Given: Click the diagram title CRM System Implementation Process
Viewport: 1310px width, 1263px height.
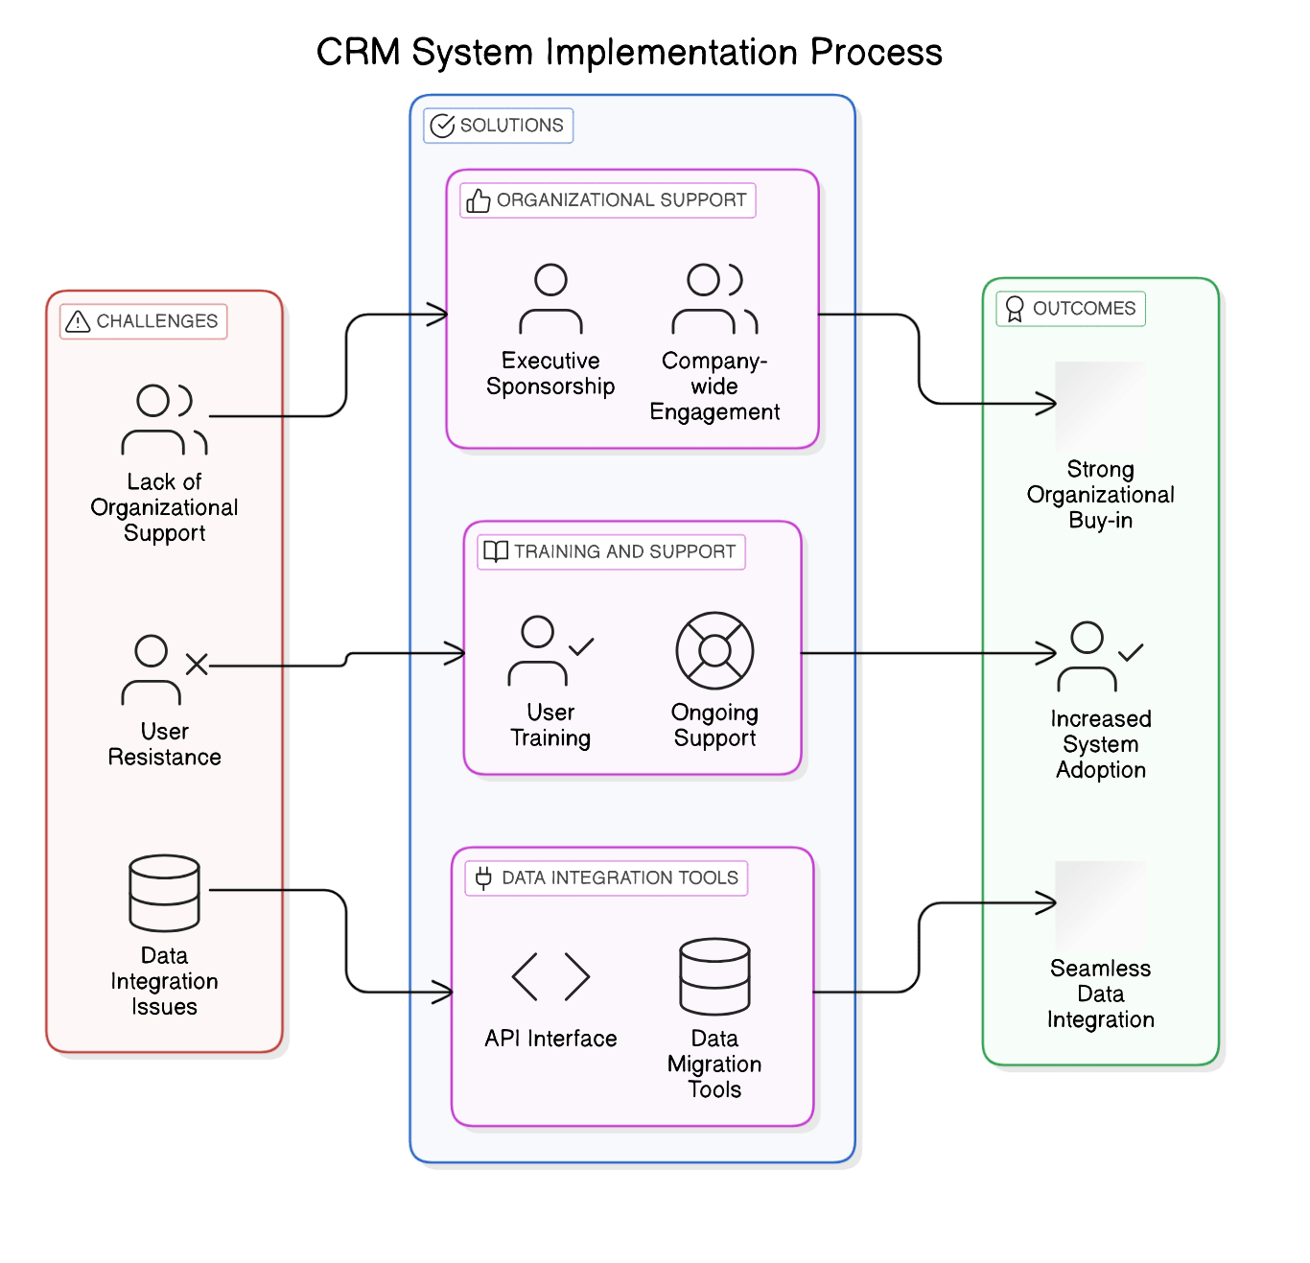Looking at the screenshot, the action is [629, 52].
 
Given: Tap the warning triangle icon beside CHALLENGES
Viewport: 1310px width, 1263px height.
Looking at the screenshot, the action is [78, 322].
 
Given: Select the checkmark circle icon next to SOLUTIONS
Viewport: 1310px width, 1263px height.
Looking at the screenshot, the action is [442, 126].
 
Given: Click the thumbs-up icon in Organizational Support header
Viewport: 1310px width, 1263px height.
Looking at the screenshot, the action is [478, 200].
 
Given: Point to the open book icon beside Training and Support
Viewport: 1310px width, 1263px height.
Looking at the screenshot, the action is [496, 552].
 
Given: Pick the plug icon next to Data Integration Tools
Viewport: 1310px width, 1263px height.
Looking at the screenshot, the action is [483, 877].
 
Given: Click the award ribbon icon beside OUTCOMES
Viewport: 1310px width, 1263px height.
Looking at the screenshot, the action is [1014, 309].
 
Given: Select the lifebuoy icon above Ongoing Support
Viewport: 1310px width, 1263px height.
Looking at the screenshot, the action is [714, 650].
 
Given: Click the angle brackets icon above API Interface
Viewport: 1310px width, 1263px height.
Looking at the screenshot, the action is [550, 976].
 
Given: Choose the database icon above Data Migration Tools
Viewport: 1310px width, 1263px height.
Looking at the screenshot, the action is [714, 976].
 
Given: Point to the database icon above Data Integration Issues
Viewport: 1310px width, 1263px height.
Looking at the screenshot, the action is [164, 893].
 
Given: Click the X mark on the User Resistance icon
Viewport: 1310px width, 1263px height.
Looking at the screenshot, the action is [197, 665].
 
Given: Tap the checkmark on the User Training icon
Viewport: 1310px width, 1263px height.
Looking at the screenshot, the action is [581, 645].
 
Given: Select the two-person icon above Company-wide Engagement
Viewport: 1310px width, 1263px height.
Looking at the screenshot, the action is [714, 299].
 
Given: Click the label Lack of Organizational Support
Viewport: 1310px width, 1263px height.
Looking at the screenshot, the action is [164, 507].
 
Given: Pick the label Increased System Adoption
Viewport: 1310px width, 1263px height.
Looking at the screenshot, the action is [1100, 744].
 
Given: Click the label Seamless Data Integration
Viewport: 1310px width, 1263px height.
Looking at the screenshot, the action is [1100, 994].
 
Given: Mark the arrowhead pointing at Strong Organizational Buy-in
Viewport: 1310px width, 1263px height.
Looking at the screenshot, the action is [1046, 404].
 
